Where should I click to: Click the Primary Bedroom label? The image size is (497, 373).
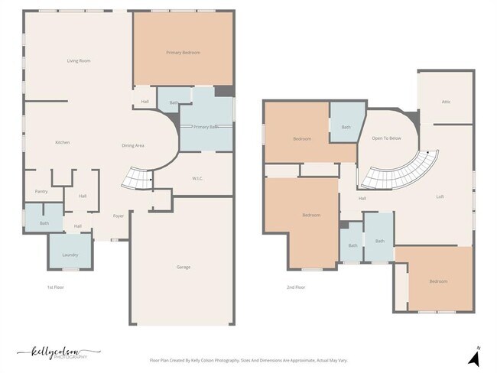tap(184, 53)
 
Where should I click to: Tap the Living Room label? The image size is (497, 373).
tap(79, 60)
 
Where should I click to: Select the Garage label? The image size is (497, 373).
tap(184, 267)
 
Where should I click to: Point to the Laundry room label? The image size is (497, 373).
tap(70, 254)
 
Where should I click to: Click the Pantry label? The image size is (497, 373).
tap(41, 192)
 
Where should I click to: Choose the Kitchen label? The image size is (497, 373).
tap(63, 143)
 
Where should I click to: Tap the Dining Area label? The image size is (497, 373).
tap(134, 145)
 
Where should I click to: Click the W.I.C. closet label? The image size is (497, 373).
tap(197, 179)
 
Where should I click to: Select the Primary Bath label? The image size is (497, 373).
tap(206, 127)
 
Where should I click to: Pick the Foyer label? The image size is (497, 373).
tap(119, 216)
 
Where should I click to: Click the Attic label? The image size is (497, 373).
tap(446, 101)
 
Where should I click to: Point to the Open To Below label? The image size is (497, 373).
tap(386, 138)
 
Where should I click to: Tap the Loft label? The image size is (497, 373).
tap(440, 197)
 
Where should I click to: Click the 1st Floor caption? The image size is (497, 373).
tap(54, 287)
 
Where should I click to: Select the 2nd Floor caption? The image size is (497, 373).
tap(296, 287)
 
